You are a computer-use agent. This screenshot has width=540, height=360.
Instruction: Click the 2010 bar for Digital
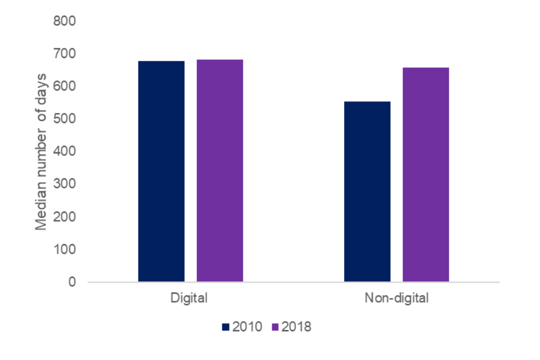click(161, 171)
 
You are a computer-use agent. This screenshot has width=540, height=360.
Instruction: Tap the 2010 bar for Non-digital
click(367, 191)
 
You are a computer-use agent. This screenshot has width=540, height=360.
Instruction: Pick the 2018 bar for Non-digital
click(425, 174)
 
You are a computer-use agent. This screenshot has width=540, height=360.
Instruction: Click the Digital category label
click(189, 298)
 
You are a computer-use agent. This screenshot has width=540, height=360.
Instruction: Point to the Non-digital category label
click(396, 298)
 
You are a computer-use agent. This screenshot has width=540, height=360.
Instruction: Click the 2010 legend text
click(247, 327)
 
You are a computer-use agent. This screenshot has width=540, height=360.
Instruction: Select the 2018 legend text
click(296, 327)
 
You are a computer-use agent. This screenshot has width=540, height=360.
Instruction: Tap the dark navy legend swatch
click(226, 327)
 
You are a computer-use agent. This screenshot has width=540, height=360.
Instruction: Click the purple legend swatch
click(275, 327)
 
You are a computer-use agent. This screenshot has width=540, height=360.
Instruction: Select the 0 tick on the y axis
click(72, 282)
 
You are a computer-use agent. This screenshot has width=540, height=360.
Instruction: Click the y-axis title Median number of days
click(41, 152)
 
